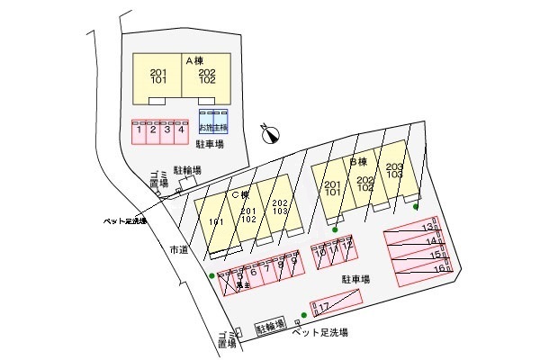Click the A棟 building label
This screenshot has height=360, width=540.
click(x=195, y=60)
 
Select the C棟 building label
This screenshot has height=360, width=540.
click(x=239, y=194)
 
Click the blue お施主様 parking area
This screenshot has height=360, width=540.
click(x=213, y=123)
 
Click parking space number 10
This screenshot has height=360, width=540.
click(x=319, y=255)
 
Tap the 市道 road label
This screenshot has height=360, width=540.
click(x=177, y=251)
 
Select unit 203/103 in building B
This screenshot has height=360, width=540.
click(x=394, y=172)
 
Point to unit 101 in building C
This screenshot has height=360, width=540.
click(x=216, y=221)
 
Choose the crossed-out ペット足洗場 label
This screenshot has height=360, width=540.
click(x=125, y=220)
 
